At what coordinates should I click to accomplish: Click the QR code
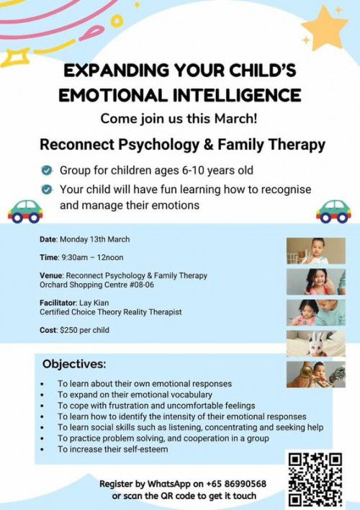[x=316, y=478]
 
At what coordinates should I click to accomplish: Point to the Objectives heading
[x=74, y=364]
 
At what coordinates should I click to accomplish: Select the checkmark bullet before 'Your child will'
[x=47, y=189]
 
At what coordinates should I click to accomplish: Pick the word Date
[x=49, y=239]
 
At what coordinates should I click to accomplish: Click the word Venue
[x=53, y=275]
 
